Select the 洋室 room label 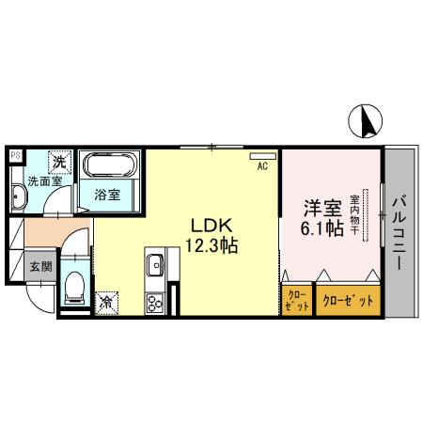click(316, 207)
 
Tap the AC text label click(263, 166)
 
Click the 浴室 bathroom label click(106, 196)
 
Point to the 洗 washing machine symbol click(58, 162)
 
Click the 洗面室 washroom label click(40, 180)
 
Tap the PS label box click(14, 155)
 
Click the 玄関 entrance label click(39, 267)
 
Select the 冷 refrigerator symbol click(108, 303)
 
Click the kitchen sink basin click(155, 265)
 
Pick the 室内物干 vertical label click(355, 215)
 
